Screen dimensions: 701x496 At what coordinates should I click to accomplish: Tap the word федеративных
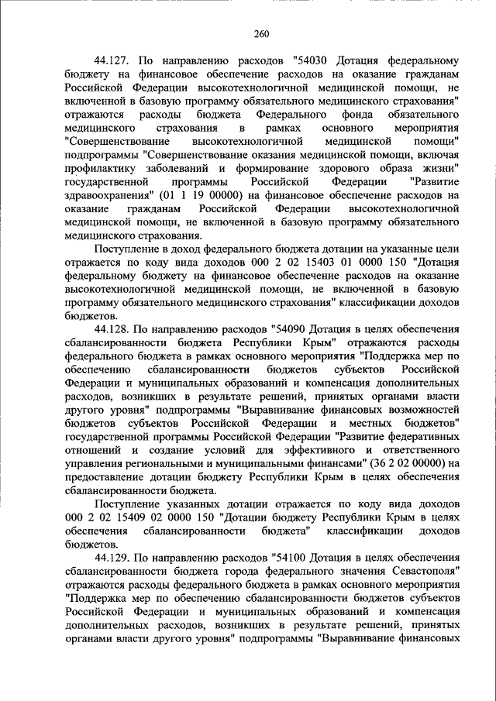point(423,435)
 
